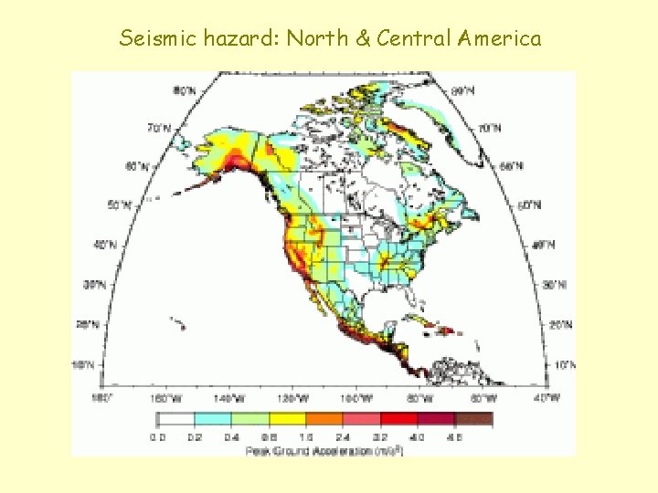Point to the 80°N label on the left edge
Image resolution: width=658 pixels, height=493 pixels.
click(x=186, y=90)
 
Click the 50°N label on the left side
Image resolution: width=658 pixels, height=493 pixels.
click(x=120, y=205)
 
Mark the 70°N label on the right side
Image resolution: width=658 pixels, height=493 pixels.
click(x=491, y=128)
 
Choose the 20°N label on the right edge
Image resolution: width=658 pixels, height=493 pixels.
click(x=561, y=325)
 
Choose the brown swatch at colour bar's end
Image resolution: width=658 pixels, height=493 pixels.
click(x=473, y=420)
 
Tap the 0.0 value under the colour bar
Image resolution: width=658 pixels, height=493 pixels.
click(x=160, y=436)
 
